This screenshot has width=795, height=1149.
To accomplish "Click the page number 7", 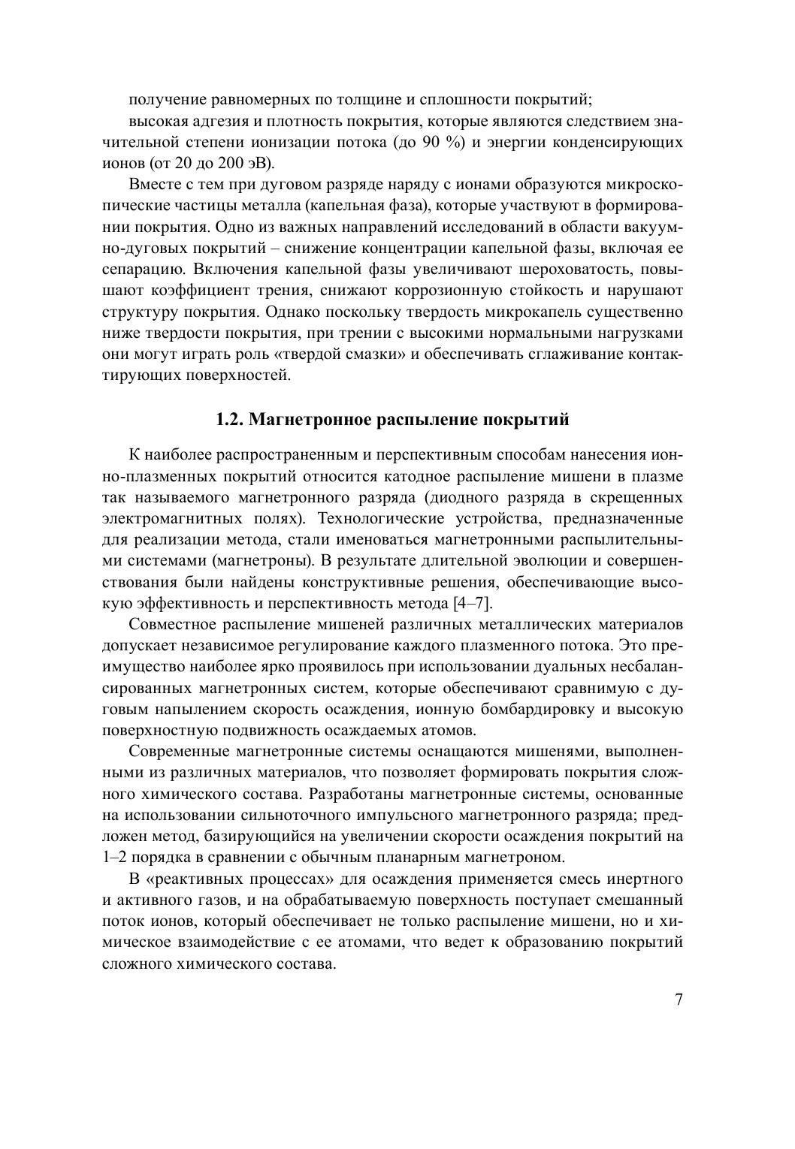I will [679, 1000].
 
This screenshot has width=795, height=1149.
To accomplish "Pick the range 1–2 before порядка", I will [114, 856].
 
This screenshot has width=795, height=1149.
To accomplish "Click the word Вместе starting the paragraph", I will [153, 185].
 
